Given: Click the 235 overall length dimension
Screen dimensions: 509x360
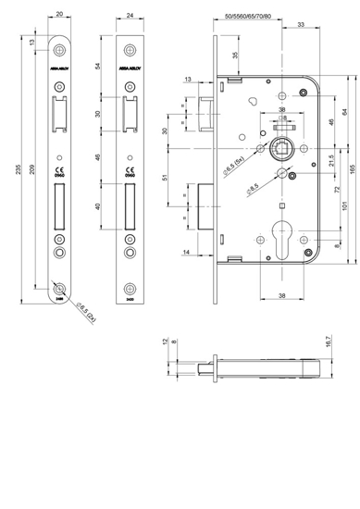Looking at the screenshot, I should [x=9, y=166].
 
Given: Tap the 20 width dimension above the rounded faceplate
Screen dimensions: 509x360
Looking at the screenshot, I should [x=58, y=14].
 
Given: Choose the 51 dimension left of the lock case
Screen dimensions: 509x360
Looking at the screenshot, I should [x=165, y=180].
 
